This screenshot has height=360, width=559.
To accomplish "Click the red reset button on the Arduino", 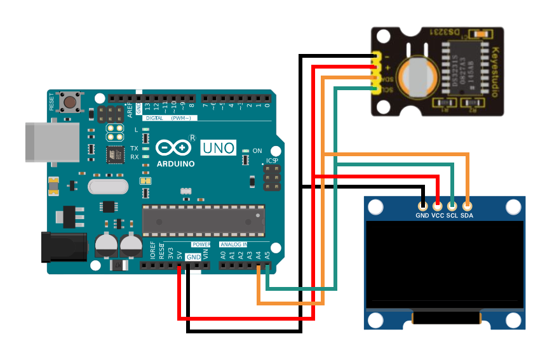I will click(69, 101).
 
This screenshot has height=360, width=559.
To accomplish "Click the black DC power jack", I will click(64, 246).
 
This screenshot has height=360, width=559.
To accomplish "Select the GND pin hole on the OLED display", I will click(422, 206).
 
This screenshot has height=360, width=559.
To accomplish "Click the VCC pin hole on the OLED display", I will click(438, 206).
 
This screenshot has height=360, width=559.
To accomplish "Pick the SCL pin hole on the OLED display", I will click(452, 206).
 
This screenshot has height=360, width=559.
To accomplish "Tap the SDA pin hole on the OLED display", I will click(467, 206).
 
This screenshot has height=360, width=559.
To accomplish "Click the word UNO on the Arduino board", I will click(219, 148).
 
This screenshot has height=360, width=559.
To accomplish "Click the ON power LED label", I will click(257, 151).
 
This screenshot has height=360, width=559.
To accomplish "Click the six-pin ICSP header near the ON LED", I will click(272, 178).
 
